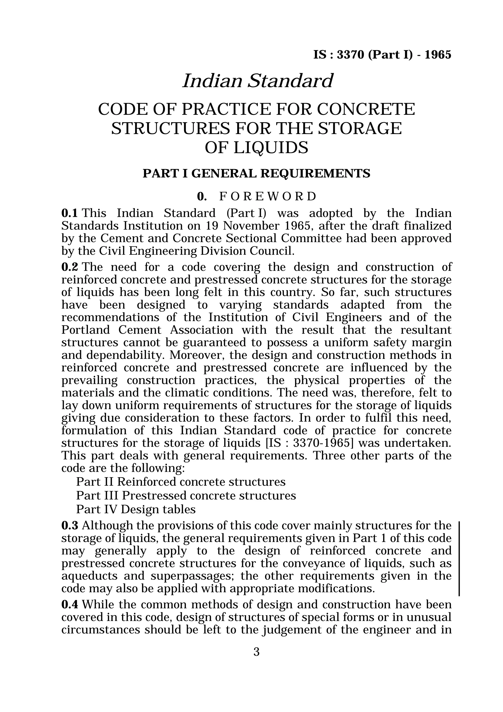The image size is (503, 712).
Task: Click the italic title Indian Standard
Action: pos(257,81)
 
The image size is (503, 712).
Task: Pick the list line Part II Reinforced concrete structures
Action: pos(181,482)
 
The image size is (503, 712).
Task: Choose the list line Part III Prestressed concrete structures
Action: pos(186,496)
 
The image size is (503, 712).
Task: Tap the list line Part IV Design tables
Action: pos(136,509)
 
